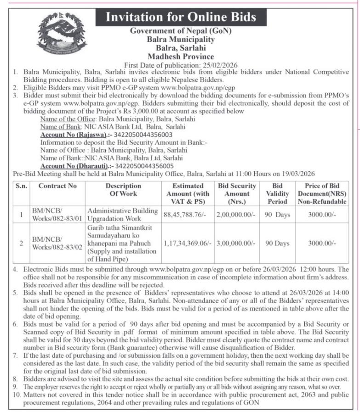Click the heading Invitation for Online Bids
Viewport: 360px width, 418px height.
[181, 17]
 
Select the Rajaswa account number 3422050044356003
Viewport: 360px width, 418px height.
[143, 135]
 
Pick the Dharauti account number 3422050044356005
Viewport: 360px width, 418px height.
[143, 166]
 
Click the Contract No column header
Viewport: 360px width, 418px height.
[57, 186]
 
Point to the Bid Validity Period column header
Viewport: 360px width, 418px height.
[278, 193]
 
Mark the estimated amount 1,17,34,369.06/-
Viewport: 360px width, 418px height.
[188, 243]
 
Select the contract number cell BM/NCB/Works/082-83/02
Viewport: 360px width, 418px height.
[57, 243]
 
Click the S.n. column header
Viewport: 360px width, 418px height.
[21, 186]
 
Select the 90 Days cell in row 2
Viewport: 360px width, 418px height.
[278, 243]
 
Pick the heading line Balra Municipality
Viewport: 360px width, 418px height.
[181, 40]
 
